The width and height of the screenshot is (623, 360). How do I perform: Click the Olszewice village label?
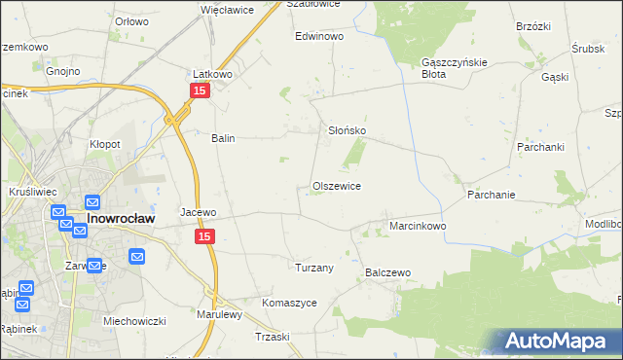337,186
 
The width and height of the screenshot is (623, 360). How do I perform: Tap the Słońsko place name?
346,130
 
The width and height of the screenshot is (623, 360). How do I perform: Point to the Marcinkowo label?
418,226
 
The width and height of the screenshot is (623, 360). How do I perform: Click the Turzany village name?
314,267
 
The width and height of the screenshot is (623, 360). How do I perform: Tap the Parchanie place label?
491,195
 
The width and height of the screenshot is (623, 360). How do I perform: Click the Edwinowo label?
320,36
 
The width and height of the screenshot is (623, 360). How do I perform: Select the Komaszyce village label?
289,303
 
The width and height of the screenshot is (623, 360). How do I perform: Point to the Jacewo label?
198,211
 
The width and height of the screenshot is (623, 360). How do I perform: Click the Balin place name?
224,138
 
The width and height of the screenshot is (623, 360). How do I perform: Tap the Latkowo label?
211,74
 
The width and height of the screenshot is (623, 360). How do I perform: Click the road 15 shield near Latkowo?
199,90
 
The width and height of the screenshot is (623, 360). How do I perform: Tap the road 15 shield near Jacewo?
203,236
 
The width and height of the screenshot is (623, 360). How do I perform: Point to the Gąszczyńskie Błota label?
447,67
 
